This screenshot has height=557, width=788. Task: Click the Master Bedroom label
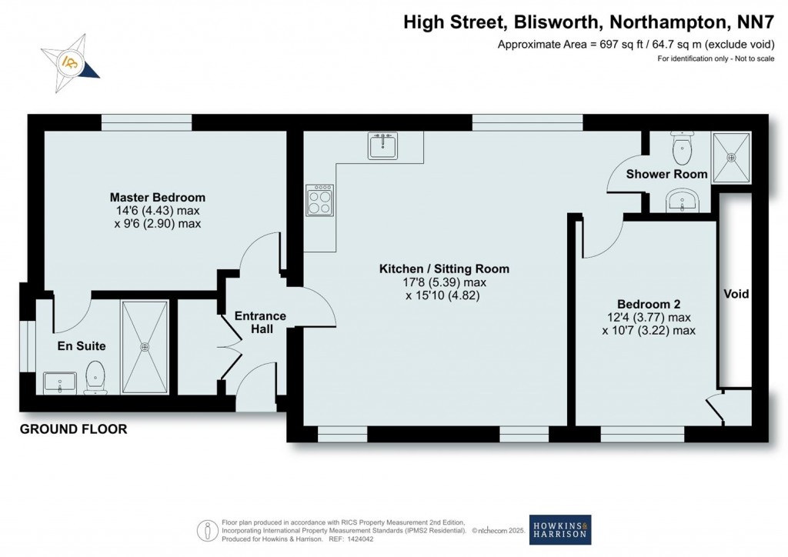(x=157, y=198)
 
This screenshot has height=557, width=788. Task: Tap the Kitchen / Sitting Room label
(x=444, y=268)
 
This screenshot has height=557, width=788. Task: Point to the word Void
(x=736, y=294)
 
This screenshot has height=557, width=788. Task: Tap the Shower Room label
(x=666, y=174)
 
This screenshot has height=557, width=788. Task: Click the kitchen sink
(x=382, y=145)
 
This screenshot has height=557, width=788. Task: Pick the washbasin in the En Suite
(x=60, y=382)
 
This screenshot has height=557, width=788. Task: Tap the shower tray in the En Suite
(x=144, y=346)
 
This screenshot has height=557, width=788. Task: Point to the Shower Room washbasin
(x=682, y=202)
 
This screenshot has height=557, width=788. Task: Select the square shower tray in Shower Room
(x=731, y=155)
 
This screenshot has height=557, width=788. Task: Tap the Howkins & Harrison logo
(x=559, y=529)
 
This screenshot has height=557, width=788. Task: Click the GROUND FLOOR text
(x=73, y=429)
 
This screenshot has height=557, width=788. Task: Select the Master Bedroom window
(x=146, y=118)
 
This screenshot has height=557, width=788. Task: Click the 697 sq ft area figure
(x=617, y=44)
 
